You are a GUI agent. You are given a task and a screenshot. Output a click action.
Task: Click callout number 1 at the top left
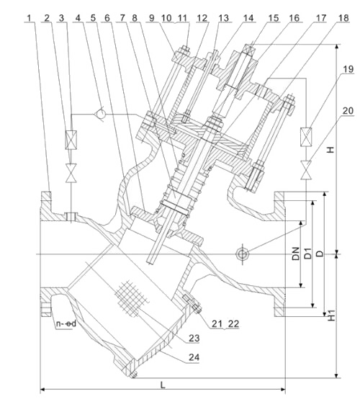pyautogui.click(x=30, y=18)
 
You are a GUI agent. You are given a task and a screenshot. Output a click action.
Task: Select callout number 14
pyautogui.click(x=248, y=18)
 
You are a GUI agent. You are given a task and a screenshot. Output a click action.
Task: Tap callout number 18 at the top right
pyautogui.click(x=344, y=18)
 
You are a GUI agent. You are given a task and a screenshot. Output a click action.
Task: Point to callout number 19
pyautogui.click(x=348, y=69)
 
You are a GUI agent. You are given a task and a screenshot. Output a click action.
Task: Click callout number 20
pyautogui.click(x=348, y=111)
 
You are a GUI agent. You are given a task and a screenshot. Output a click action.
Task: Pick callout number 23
pyautogui.click(x=194, y=338)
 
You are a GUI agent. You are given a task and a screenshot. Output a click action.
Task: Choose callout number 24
pyautogui.click(x=194, y=357)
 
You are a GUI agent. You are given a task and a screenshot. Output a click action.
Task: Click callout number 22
pyautogui.click(x=233, y=323)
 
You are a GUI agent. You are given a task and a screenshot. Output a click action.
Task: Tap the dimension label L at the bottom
pyautogui.click(x=163, y=385)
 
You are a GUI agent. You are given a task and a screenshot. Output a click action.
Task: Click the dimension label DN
pyautogui.click(x=295, y=254)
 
